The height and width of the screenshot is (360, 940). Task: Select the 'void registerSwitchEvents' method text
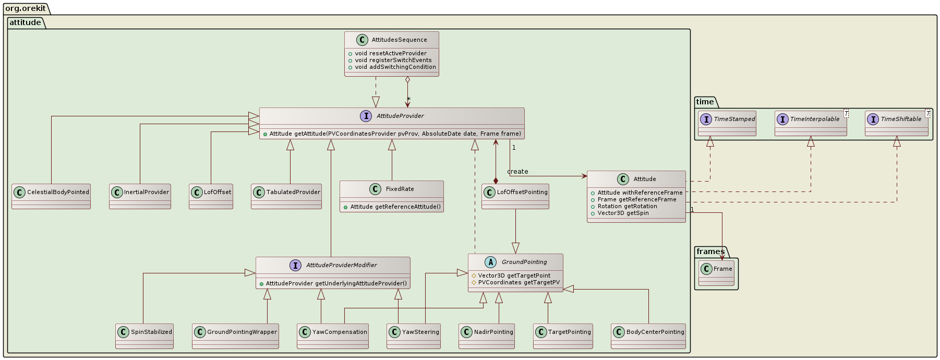tap(393, 60)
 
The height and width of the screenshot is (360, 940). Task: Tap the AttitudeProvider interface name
tap(400, 116)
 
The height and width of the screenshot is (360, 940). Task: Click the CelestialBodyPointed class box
tap(51, 196)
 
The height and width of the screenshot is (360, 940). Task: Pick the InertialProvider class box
tap(140, 196)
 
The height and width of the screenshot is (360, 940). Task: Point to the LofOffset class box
tap(211, 196)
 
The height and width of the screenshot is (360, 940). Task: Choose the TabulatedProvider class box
tap(286, 196)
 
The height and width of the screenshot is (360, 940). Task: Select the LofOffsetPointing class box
tap(515, 196)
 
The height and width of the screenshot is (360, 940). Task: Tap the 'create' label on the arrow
tap(517, 172)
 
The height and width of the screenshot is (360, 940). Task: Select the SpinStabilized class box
tap(144, 335)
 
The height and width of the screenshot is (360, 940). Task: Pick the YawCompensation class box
tap(333, 335)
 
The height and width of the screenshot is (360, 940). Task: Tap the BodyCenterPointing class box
tap(648, 335)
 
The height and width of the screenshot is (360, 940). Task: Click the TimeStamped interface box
tap(727, 123)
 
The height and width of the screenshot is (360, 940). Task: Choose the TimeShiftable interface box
tap(896, 123)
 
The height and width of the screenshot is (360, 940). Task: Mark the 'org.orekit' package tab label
tap(26, 8)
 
